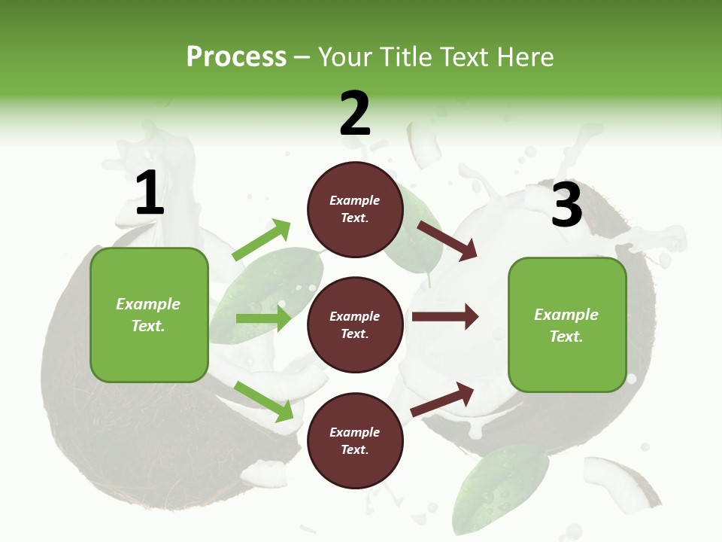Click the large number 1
coord(150,193)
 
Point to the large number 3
coord(566,205)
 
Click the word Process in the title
coord(236,56)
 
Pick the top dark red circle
coord(355,209)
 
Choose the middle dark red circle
coord(355,324)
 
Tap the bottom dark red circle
coord(355,440)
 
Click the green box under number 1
coord(149,315)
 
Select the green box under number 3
coord(567,325)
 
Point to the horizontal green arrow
coord(264,318)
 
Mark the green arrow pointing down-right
coord(264,400)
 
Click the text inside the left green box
coord(148,315)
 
